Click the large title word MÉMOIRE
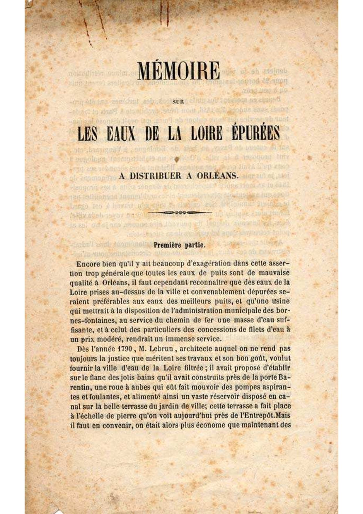click(x=178, y=71)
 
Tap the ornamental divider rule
click(x=180, y=212)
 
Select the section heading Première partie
click(x=180, y=245)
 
